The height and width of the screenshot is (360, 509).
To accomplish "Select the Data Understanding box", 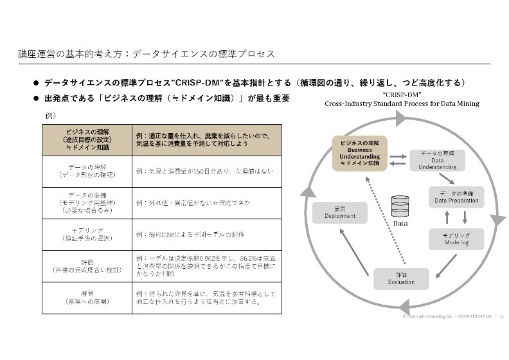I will click(x=433, y=159).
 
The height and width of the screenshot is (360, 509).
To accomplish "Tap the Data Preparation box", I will click(x=456, y=197).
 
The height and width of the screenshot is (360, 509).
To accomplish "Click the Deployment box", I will click(x=340, y=213).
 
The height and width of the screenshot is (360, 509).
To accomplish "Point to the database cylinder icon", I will click(x=400, y=206).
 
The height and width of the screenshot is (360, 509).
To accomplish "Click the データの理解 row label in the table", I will click(x=87, y=170).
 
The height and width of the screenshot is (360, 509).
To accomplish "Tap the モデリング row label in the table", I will click(x=87, y=234).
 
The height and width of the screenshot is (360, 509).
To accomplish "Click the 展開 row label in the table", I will click(x=87, y=297).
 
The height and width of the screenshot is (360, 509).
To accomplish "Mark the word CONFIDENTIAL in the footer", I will click(x=474, y=316).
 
